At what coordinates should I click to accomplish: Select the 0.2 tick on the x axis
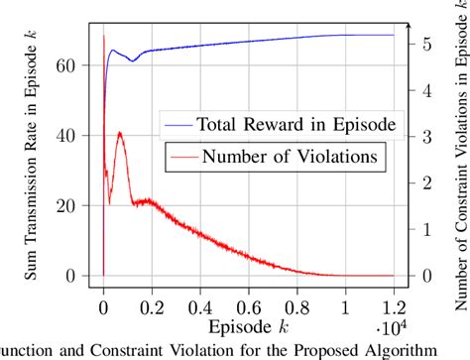point(152,295)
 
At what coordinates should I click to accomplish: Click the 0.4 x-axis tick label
point(200,295)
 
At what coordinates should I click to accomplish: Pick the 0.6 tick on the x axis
point(249,295)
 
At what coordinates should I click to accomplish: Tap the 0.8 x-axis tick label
point(297,295)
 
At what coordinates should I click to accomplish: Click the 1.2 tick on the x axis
point(394,295)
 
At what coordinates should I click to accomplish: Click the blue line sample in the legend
point(178,125)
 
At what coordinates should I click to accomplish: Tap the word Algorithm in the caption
point(402,350)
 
